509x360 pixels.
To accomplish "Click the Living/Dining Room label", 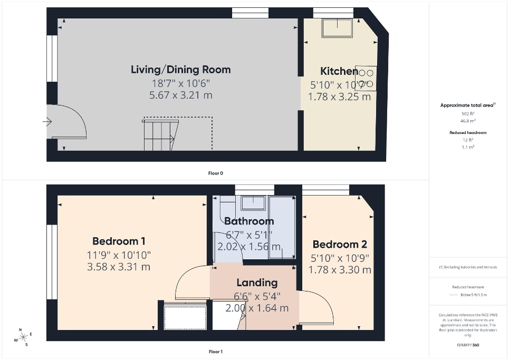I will point(180,70).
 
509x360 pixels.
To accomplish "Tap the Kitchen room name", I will point(339,71).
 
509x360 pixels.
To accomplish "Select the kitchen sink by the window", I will point(337,28).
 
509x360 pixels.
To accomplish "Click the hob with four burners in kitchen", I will point(366,78).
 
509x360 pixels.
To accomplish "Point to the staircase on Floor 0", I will point(160,135).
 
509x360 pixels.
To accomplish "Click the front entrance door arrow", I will point(47,122).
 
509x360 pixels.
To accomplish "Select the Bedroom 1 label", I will point(119,241).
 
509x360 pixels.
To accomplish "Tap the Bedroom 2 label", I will point(340,245).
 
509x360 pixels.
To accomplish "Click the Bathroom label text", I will point(249,221).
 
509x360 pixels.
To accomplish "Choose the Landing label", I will point(257,283).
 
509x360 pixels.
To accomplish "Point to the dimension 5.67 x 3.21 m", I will point(180,95).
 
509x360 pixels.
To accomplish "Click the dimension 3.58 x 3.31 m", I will point(119,267).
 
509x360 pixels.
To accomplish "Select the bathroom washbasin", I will point(253,202).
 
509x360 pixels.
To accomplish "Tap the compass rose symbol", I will point(23,337).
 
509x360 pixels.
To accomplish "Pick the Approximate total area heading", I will point(467,105).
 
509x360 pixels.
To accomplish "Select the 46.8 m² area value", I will point(467,120).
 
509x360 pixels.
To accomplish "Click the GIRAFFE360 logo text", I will point(468,345).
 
